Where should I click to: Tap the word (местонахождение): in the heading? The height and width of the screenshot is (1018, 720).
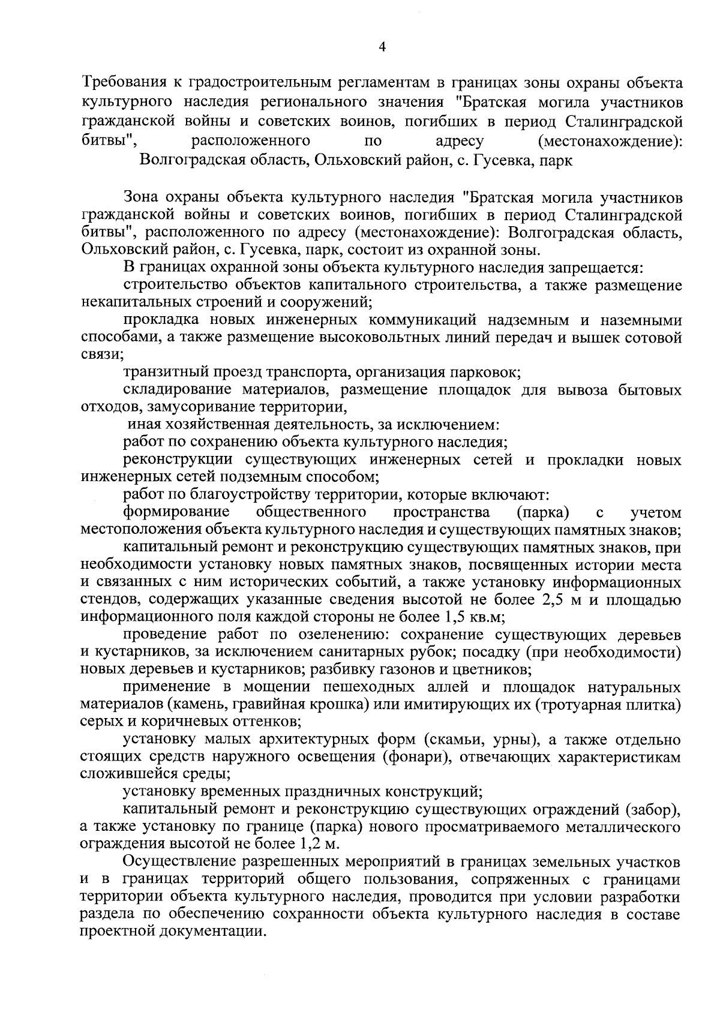[x=611, y=142]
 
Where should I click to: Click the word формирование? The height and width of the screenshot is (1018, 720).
[x=177, y=512]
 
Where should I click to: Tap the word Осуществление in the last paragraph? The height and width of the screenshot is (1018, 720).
[x=183, y=863]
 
